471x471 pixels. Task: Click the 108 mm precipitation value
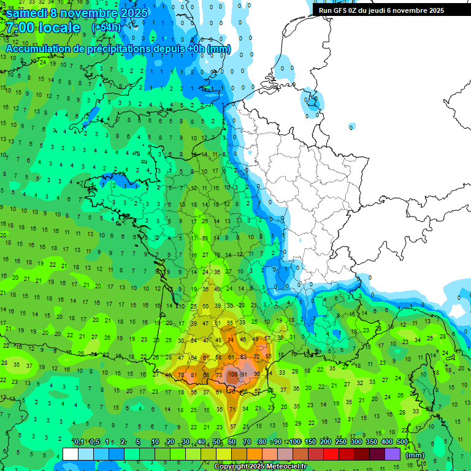click(232, 374)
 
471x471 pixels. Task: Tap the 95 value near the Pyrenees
click(257, 374)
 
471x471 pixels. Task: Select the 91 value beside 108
click(244, 374)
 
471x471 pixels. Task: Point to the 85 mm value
click(269, 356)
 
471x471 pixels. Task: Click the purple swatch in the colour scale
click(392, 454)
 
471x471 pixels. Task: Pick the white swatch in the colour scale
click(71, 454)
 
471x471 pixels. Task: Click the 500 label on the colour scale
click(402, 442)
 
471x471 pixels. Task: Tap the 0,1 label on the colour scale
click(79, 442)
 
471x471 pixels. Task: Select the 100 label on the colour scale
click(295, 442)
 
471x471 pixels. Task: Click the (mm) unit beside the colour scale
click(415, 455)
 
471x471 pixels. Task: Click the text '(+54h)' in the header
click(106, 28)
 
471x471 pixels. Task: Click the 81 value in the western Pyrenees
click(193, 375)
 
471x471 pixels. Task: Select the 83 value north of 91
click(243, 356)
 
